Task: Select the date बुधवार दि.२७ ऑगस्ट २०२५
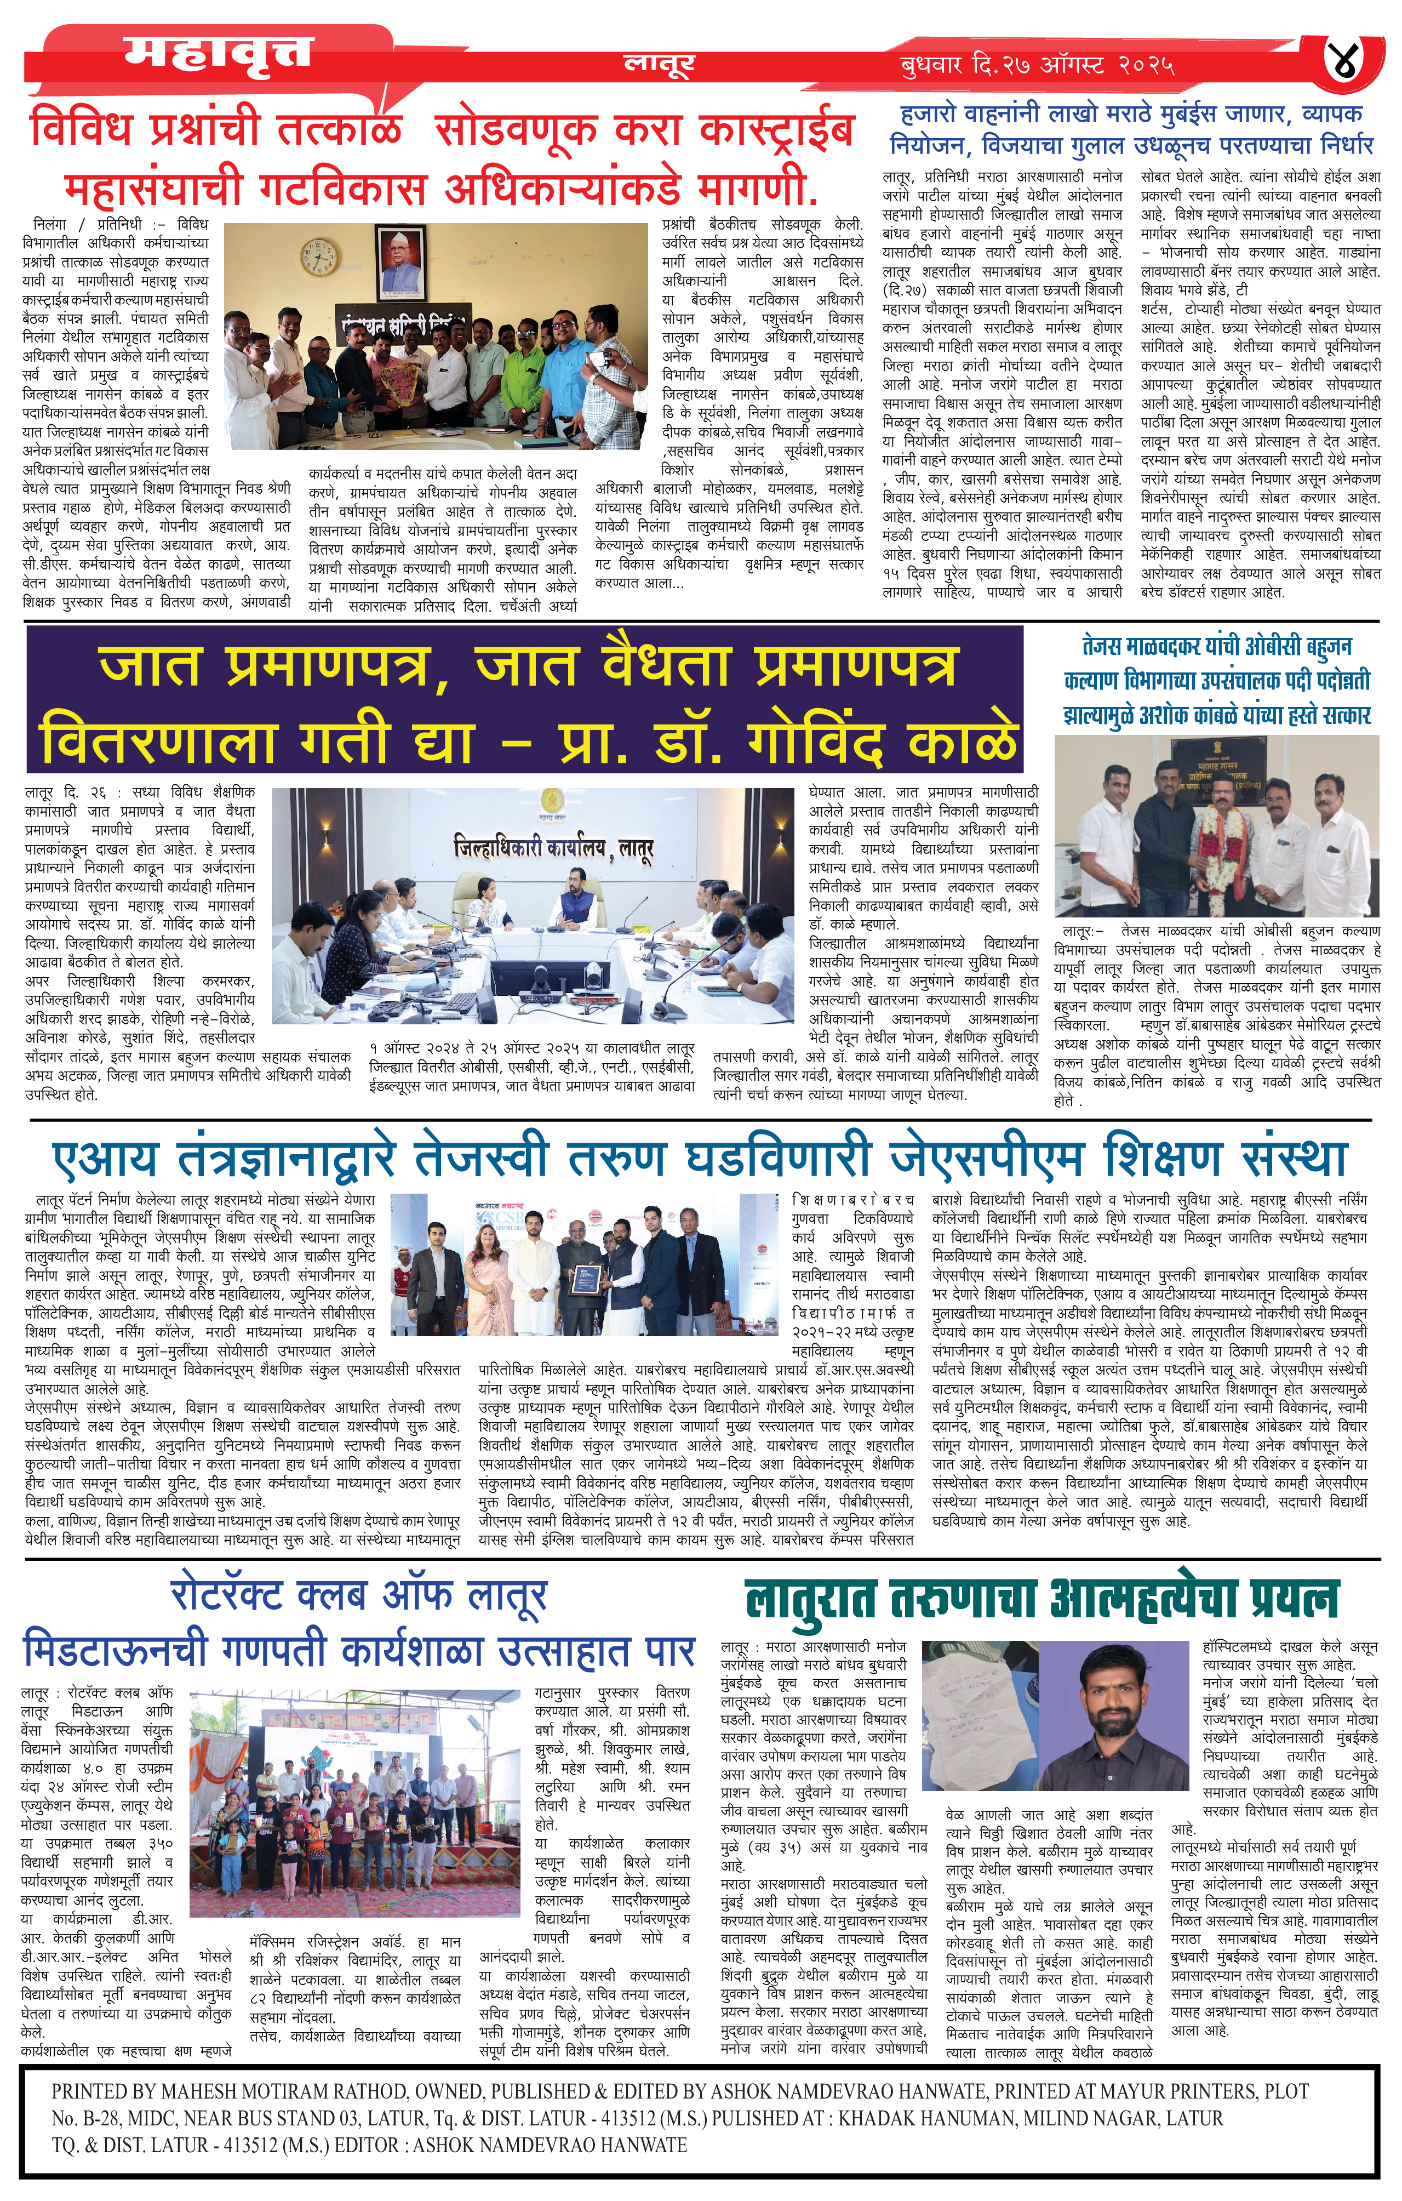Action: pyautogui.click(x=1037, y=65)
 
